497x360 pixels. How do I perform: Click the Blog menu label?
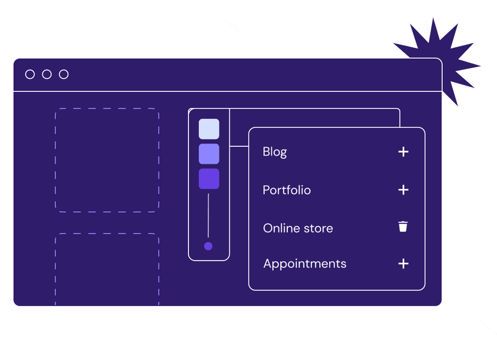[275, 152]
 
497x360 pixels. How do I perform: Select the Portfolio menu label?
[286, 190]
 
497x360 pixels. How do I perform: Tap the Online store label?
[298, 228]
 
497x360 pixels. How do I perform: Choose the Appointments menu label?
[305, 263]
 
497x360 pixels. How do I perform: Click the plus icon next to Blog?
[403, 152]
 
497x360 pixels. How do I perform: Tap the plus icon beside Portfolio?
[403, 190]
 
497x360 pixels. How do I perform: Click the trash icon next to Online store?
[403, 227]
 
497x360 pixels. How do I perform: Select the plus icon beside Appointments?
[403, 263]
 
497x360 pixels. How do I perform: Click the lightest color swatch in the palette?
[209, 129]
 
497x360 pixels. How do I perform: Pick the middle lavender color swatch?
[209, 154]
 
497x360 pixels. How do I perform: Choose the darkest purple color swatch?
[209, 179]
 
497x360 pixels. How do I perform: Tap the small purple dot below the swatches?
[208, 246]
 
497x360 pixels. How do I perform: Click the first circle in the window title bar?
[30, 75]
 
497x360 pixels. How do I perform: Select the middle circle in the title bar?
[47, 75]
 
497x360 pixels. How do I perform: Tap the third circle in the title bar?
[64, 75]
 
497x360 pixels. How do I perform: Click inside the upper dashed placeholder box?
[107, 160]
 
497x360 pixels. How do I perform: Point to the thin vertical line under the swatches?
[208, 216]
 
